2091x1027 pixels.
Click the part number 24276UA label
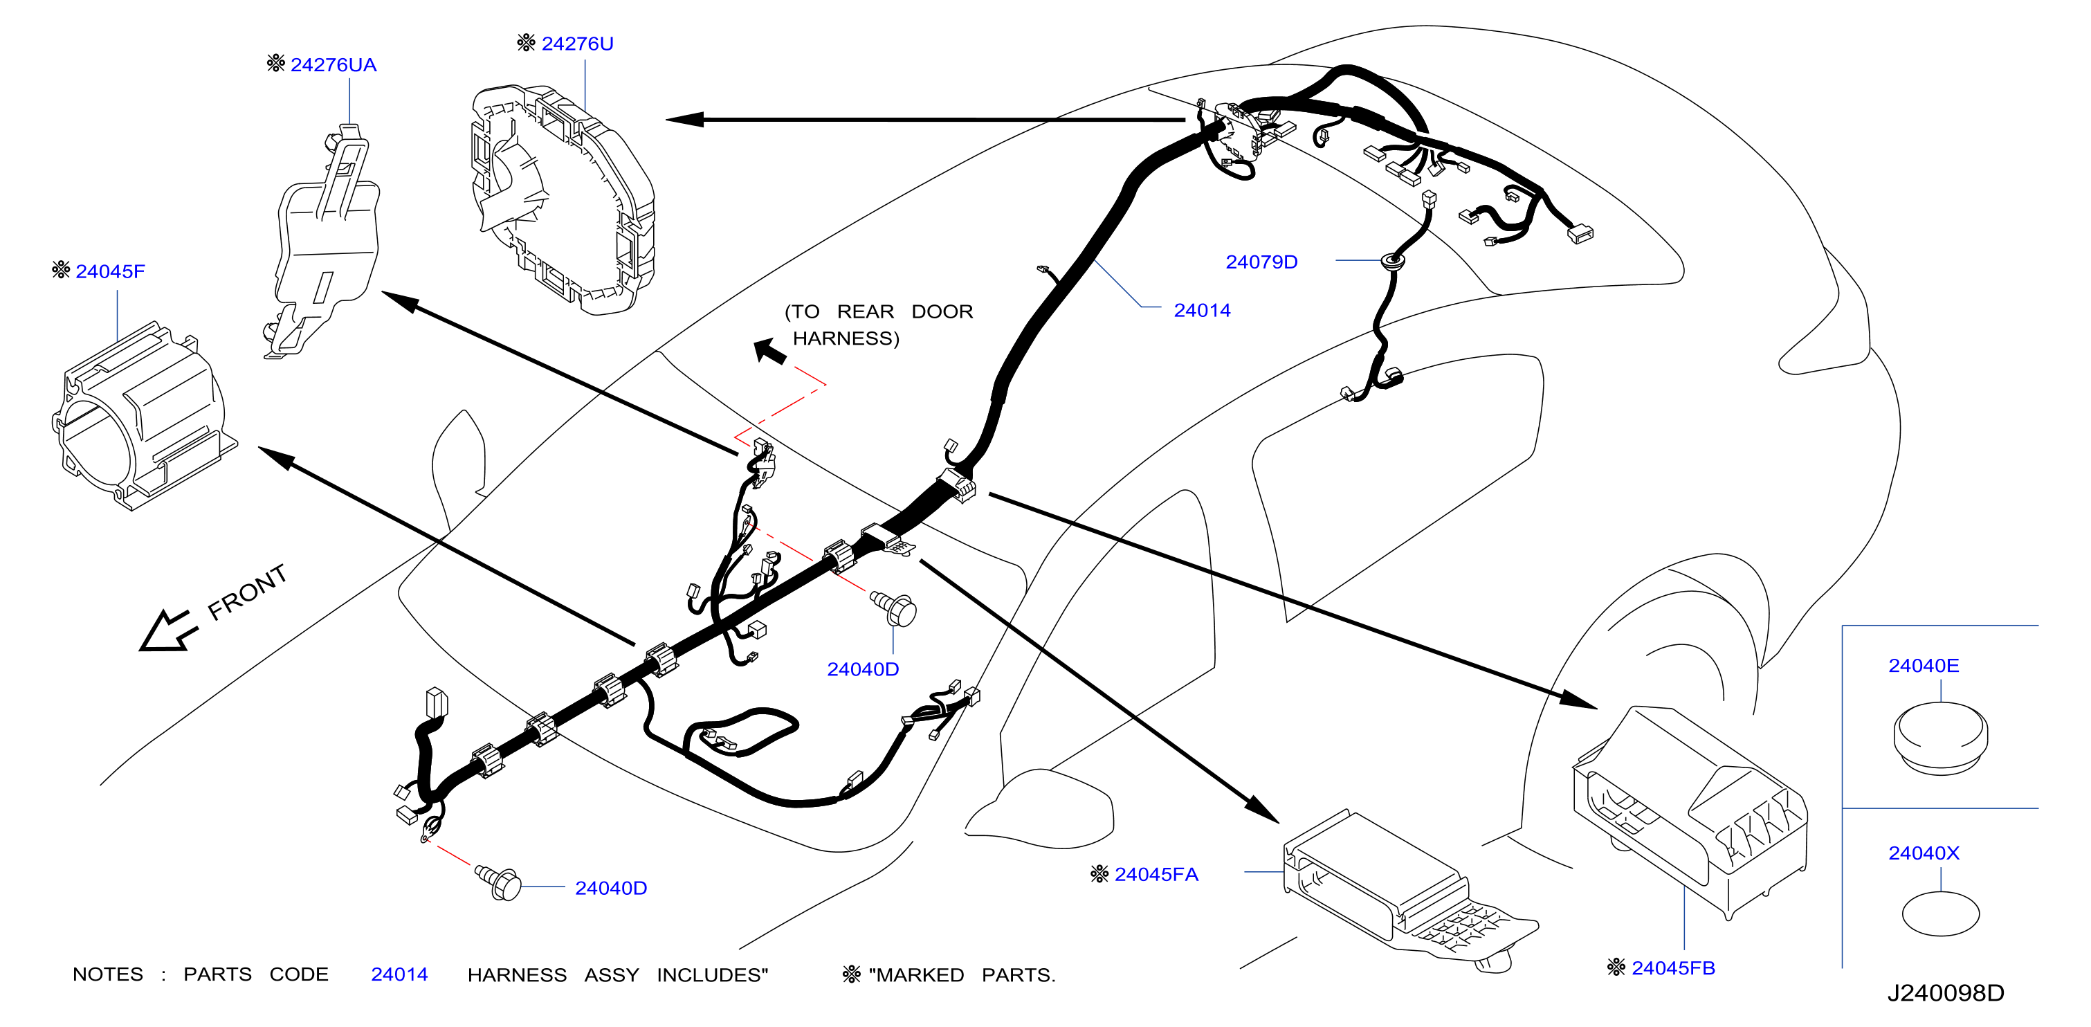pos(333,65)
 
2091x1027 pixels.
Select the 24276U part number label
pos(577,44)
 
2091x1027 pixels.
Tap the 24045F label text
pos(111,271)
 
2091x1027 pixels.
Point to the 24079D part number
pos(1261,262)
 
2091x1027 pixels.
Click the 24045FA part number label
pos(1156,874)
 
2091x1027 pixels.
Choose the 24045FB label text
pos(1673,967)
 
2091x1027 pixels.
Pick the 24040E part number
pos(1923,666)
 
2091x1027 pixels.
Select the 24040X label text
pos(1923,853)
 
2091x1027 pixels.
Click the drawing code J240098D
pos(1945,993)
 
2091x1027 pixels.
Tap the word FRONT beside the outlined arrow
pos(248,592)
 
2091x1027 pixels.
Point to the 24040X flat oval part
pos(1940,914)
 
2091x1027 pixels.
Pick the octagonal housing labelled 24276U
pos(563,199)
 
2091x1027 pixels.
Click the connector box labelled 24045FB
pos(1690,812)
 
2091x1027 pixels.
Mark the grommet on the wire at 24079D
pos(1393,262)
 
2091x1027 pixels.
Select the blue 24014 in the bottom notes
pos(399,974)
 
